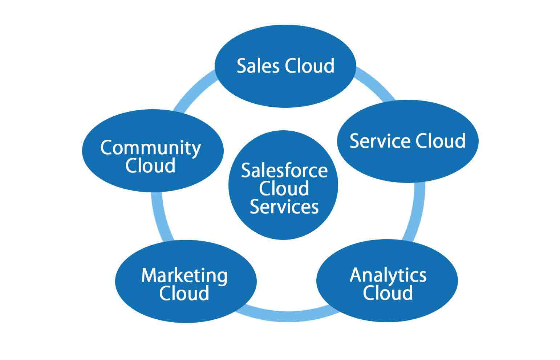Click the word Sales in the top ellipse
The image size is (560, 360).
258,66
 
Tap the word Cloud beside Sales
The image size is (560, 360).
309,66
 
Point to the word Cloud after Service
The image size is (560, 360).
440,141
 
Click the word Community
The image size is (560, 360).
150,148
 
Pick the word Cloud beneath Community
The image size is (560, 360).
150,165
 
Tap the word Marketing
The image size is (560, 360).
184,275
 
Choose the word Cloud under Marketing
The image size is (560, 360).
184,293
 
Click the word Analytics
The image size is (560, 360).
388,275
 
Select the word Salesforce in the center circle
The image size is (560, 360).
284,171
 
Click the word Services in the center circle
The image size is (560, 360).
284,206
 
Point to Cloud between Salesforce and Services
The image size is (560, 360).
284,188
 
